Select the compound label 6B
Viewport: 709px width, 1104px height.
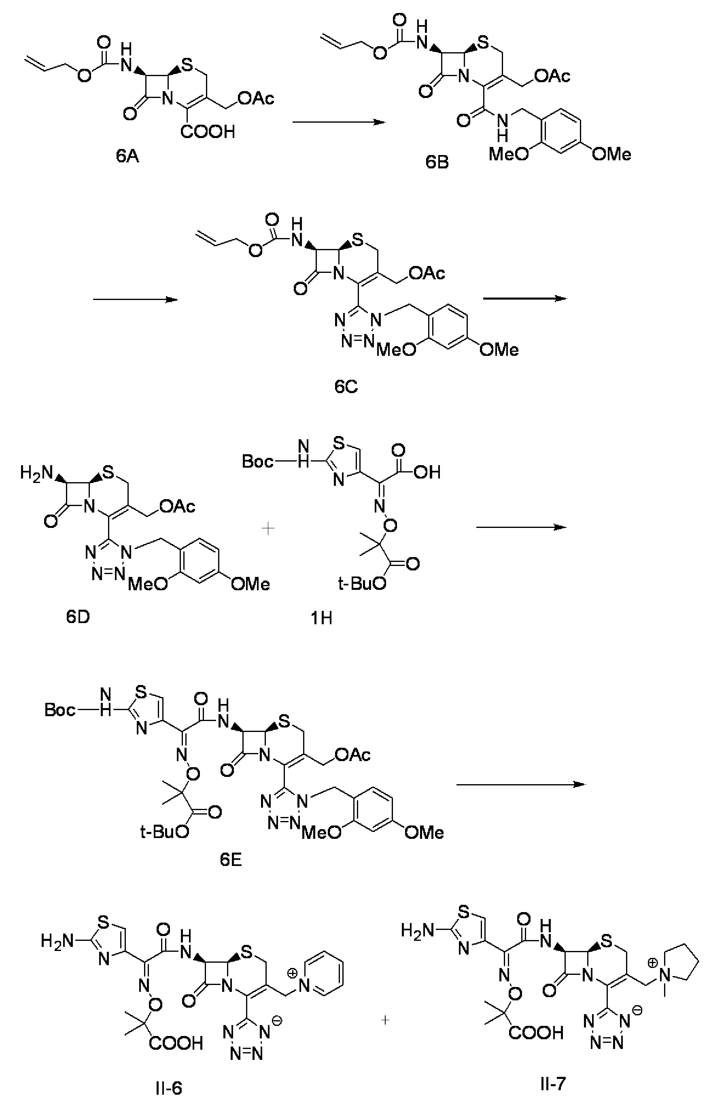[x=437, y=162]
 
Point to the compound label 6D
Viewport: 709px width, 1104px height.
[x=78, y=617]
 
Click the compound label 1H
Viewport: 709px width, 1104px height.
[x=321, y=618]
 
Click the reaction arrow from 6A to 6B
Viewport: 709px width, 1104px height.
[x=338, y=122]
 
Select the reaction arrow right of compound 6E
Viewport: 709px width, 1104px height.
[x=521, y=784]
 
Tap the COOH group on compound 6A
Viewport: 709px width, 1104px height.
[x=208, y=132]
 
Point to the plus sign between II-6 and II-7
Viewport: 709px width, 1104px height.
[x=385, y=1020]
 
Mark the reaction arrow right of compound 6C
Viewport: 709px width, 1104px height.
[x=525, y=298]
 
